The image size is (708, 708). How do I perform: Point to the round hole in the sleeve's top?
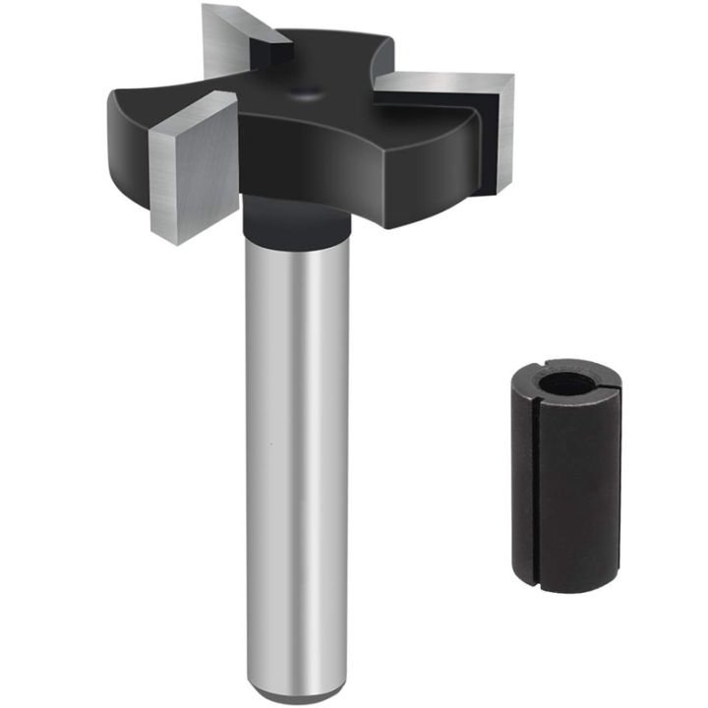tap(561, 383)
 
